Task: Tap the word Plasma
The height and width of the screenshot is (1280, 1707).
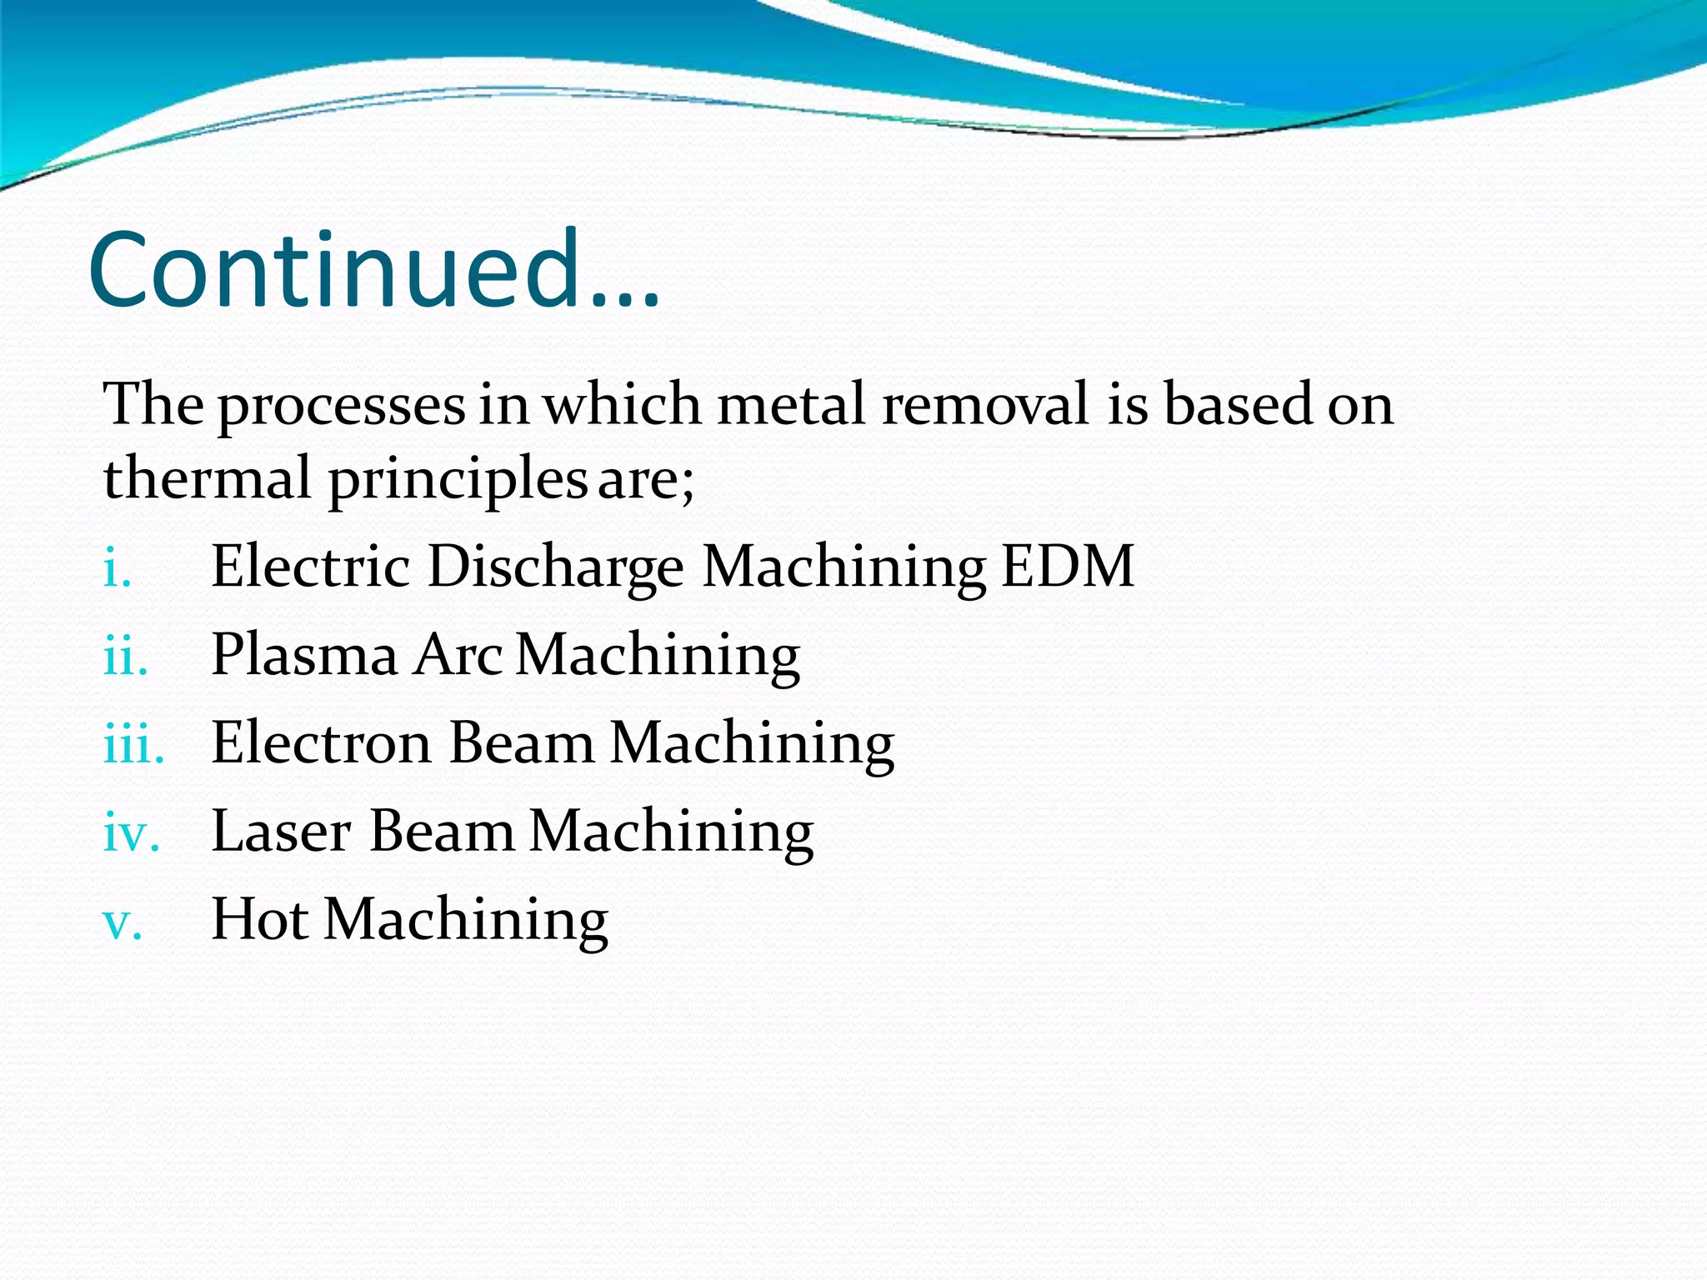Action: [x=304, y=655]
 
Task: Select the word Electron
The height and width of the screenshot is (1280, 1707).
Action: [x=321, y=743]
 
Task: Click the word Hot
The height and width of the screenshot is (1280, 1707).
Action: [x=259, y=920]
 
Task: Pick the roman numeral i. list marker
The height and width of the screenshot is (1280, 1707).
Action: [x=118, y=572]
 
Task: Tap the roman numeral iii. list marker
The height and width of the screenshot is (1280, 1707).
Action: [x=133, y=747]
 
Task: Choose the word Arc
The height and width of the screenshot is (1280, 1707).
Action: [x=458, y=655]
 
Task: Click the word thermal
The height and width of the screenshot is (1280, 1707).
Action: [x=207, y=478]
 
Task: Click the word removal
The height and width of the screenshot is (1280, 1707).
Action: [x=985, y=405]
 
